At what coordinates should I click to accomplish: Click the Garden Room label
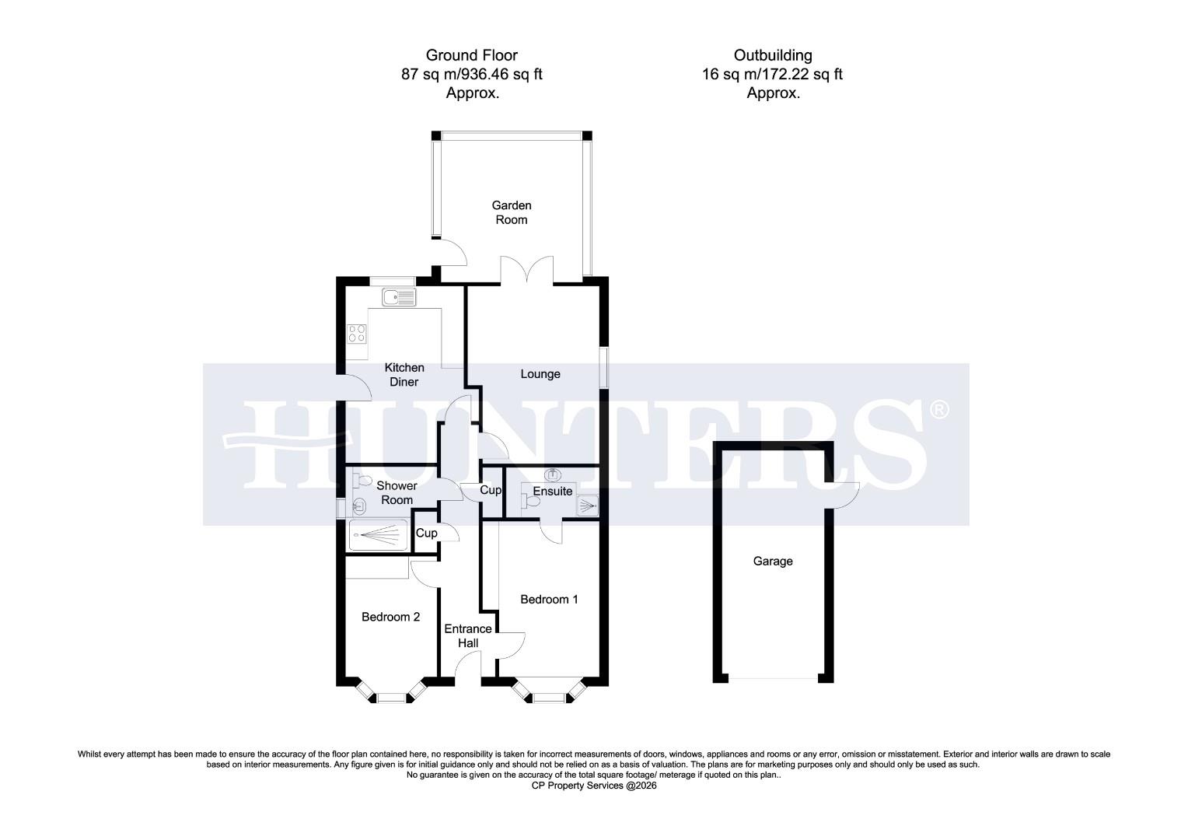coord(511,212)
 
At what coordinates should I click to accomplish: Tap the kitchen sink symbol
coord(399,296)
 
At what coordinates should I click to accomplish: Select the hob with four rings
coord(357,334)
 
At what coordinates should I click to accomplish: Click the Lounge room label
coord(540,374)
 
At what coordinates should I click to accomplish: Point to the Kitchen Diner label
coord(404,375)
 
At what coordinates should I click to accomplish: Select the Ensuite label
coord(552,491)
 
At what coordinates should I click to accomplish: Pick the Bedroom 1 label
coord(549,600)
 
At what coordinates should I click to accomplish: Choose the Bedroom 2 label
coord(390,617)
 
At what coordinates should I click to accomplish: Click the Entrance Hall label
coord(467,635)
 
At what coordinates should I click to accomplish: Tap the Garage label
coord(772,561)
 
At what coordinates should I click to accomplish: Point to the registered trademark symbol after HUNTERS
coord(939,409)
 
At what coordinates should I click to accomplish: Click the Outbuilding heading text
coord(772,55)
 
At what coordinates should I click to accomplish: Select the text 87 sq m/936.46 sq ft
coord(471,75)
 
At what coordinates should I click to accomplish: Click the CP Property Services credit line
coord(593,786)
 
